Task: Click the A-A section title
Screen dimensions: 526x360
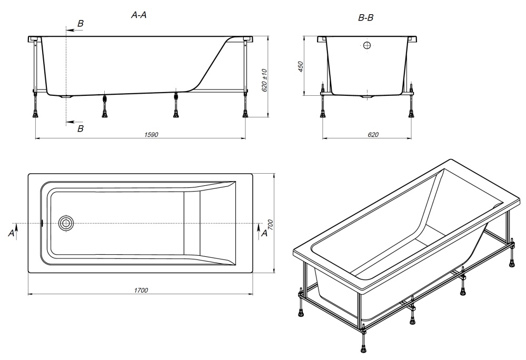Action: pos(138,15)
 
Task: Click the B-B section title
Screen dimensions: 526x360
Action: pos(365,18)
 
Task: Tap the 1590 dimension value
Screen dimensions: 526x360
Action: pos(151,135)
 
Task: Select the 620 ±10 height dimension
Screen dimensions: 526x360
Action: pos(264,81)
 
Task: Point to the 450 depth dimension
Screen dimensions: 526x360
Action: pos(301,67)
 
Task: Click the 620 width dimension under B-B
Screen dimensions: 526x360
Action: pos(373,135)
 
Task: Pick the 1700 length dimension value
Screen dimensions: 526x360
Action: pos(141,291)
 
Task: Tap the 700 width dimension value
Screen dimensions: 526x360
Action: pos(271,224)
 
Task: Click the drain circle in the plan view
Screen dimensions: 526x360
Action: pos(66,223)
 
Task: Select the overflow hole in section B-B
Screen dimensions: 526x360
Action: pos(368,45)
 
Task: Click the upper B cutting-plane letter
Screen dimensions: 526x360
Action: pos(81,24)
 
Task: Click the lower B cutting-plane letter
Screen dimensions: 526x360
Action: pos(81,128)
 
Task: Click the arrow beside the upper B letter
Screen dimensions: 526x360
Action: pos(74,30)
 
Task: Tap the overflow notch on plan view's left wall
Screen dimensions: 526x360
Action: pos(42,223)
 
